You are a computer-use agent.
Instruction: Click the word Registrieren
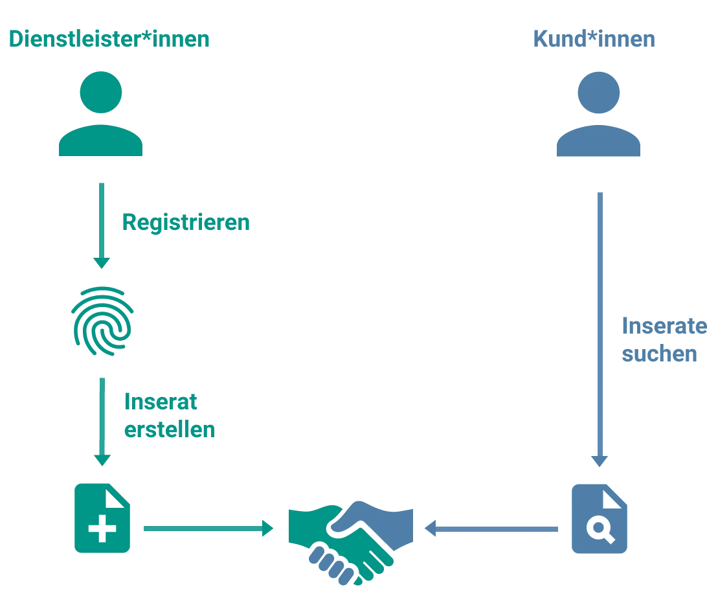click(186, 223)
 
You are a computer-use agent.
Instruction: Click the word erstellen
click(170, 431)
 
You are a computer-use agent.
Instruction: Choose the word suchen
click(660, 354)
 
